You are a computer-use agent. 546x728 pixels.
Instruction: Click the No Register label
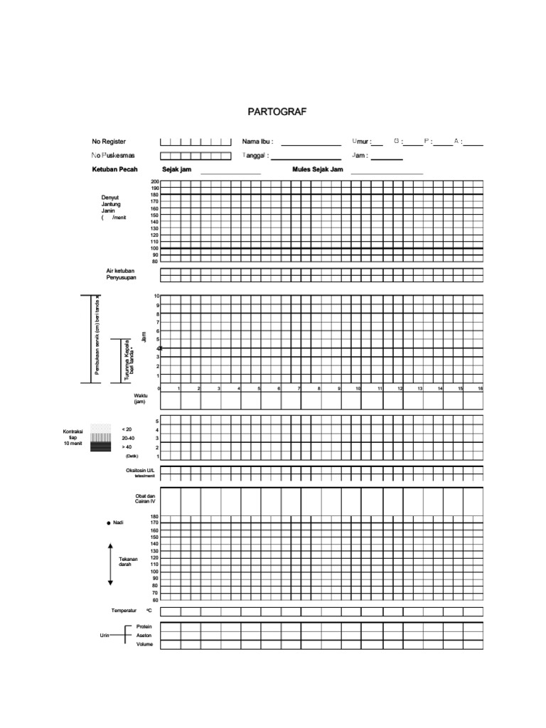(x=109, y=141)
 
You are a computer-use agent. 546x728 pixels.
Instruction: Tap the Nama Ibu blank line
(x=311, y=144)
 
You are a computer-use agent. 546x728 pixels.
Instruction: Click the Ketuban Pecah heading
(x=114, y=170)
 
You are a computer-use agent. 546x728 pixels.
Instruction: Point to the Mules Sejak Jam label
(x=318, y=170)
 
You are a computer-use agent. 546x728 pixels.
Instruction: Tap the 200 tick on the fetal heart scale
(x=155, y=182)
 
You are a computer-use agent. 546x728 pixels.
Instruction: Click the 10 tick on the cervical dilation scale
(x=156, y=296)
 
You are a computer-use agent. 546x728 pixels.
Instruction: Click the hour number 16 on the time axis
(x=481, y=389)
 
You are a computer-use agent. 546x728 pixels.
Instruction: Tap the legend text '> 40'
(x=127, y=447)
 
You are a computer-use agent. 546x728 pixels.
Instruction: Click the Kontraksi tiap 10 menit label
(x=74, y=437)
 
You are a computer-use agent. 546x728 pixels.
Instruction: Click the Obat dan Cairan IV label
(x=144, y=498)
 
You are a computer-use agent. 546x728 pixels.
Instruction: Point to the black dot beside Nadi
(x=109, y=523)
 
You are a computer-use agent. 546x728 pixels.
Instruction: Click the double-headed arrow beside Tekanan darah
(x=110, y=564)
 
